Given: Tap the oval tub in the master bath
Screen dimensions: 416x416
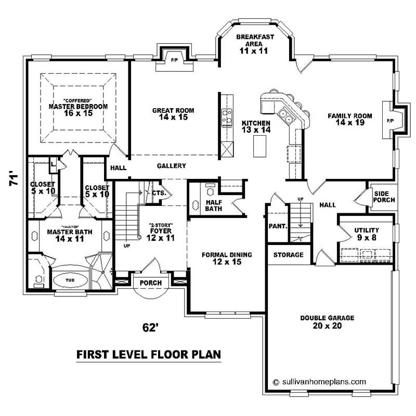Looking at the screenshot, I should point(71,279).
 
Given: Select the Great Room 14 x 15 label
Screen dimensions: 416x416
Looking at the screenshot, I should point(173,114).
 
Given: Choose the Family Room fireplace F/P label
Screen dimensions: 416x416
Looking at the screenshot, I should point(391,121).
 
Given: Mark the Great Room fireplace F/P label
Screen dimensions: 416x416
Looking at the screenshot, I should point(175,60).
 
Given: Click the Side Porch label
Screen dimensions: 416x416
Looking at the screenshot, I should point(384,197).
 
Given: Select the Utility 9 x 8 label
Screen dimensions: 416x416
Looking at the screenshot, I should point(367,233).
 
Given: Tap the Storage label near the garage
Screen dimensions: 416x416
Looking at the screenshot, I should point(288,255).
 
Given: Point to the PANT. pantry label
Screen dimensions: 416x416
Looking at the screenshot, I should point(277,227).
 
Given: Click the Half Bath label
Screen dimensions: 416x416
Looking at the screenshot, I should point(214,206).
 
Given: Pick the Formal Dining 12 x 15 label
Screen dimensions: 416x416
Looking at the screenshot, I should point(227,258).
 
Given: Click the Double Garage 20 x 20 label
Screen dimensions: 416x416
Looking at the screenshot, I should point(327,321).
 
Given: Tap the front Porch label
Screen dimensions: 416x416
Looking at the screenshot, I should point(151,283).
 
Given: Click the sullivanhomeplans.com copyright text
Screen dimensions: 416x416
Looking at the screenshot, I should point(322,381).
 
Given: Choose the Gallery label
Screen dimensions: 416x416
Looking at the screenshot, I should point(171,166).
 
